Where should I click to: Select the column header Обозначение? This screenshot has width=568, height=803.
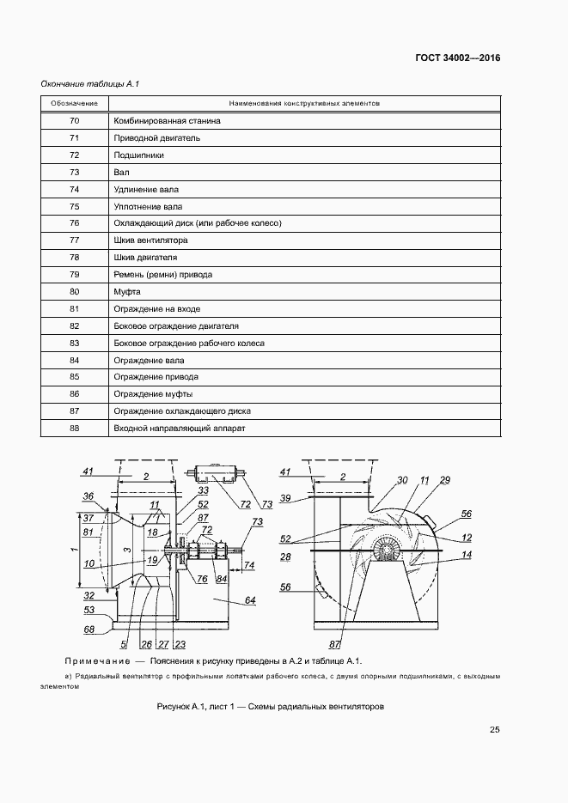coord(74,104)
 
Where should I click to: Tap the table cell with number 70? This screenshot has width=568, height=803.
coord(74,121)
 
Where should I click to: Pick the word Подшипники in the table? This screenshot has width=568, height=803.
coord(138,155)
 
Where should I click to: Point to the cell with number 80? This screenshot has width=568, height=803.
coord(74,291)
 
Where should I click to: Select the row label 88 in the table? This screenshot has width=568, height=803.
coord(74,428)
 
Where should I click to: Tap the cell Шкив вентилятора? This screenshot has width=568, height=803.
coord(150,240)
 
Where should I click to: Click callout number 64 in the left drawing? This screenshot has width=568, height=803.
coord(250,600)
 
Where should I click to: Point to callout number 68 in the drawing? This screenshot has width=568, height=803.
coord(89,630)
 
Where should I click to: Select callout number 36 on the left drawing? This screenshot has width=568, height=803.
coord(88,496)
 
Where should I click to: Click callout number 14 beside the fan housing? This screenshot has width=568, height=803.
coord(467,556)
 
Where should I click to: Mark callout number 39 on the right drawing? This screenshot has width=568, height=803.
coord(286,498)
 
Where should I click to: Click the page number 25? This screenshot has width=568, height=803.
coord(495,730)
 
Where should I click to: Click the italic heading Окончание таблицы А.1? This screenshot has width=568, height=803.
coord(90,83)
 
